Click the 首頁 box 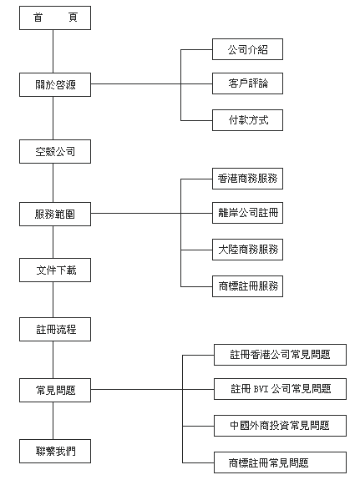(x=55, y=18)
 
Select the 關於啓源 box (x=55, y=85)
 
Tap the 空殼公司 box (x=55, y=152)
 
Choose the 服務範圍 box (x=55, y=214)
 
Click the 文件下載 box (x=55, y=270)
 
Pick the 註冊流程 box (x=55, y=330)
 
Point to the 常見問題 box (x=55, y=391)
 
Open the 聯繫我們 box (x=55, y=452)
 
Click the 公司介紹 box (x=247, y=49)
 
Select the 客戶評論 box (x=247, y=83)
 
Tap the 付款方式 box (x=247, y=120)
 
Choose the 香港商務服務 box (x=247, y=179)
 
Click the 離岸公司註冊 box (x=247, y=213)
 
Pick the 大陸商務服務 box (x=247, y=250)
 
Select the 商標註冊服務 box (x=247, y=286)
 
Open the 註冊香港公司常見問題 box (x=280, y=355)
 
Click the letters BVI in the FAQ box (x=261, y=389)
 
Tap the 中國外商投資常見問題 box (x=280, y=426)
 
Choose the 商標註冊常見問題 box (x=280, y=462)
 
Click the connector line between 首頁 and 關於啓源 (x=53, y=52)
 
